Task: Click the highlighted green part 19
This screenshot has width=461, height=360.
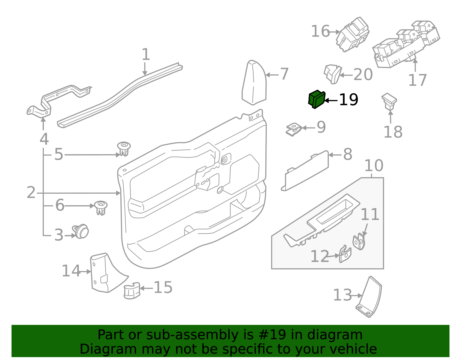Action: point(316,99)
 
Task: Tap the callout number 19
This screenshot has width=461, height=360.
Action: point(348,100)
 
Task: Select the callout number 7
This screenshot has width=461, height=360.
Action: point(284,74)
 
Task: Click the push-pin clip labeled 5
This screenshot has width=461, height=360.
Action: point(124,148)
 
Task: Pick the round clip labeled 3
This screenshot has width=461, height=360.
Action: point(81,231)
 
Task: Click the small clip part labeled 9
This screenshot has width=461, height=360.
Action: point(294,129)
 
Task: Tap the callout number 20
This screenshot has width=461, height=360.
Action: point(363,75)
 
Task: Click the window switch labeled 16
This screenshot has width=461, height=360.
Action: point(353,35)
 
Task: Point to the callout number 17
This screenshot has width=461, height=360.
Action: point(417,80)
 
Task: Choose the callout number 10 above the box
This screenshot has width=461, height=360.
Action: point(374,166)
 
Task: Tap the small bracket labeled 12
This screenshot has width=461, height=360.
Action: point(345,254)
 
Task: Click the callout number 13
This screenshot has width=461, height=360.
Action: point(342,295)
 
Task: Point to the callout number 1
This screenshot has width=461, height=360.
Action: point(146,54)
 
